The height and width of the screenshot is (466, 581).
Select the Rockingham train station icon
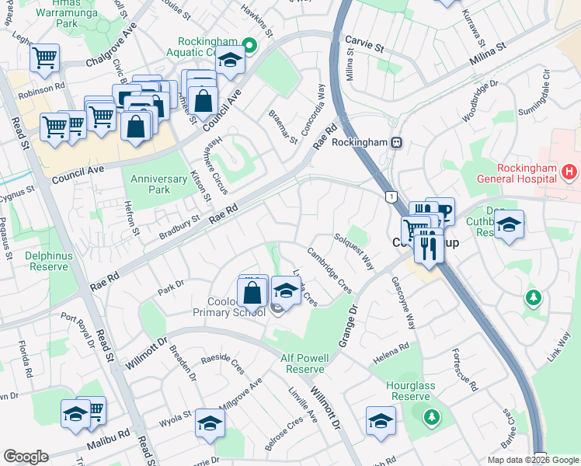(396, 143)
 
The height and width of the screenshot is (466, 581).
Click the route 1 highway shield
(389, 197)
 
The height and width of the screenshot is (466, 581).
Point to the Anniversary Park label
(159, 184)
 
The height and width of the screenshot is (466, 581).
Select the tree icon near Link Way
(532, 297)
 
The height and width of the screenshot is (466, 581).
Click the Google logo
(26, 456)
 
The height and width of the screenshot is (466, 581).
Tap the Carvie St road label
(365, 47)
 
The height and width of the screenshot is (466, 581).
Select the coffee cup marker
(444, 212)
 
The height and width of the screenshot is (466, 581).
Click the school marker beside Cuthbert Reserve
(509, 225)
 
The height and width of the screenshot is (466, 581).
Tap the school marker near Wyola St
(210, 423)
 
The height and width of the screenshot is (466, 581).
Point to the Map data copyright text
(533, 460)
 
